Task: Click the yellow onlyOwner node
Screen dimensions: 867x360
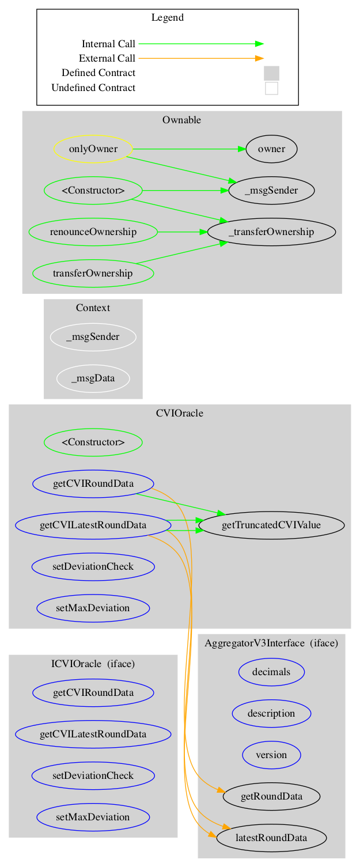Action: tap(93, 149)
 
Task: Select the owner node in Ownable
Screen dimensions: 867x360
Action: tap(271, 149)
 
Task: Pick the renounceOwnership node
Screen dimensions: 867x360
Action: tap(93, 232)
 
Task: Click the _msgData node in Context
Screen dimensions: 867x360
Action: tap(93, 378)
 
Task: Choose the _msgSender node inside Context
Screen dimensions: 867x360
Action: tap(93, 337)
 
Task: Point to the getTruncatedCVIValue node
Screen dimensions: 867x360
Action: tap(271, 525)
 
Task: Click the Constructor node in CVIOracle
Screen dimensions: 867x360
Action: tap(93, 442)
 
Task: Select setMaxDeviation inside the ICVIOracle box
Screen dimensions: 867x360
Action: tap(93, 817)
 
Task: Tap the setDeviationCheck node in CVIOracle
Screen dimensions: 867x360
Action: tap(93, 566)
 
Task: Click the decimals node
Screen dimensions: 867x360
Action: tap(271, 671)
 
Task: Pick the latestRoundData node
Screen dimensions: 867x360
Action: tap(271, 837)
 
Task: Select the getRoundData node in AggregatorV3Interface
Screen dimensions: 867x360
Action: tap(271, 796)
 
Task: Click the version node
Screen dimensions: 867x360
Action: tap(271, 754)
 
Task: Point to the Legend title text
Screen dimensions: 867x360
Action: tap(168, 17)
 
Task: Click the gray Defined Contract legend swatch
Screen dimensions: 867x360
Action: tap(271, 73)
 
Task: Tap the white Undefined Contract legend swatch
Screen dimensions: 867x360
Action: tap(271, 88)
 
